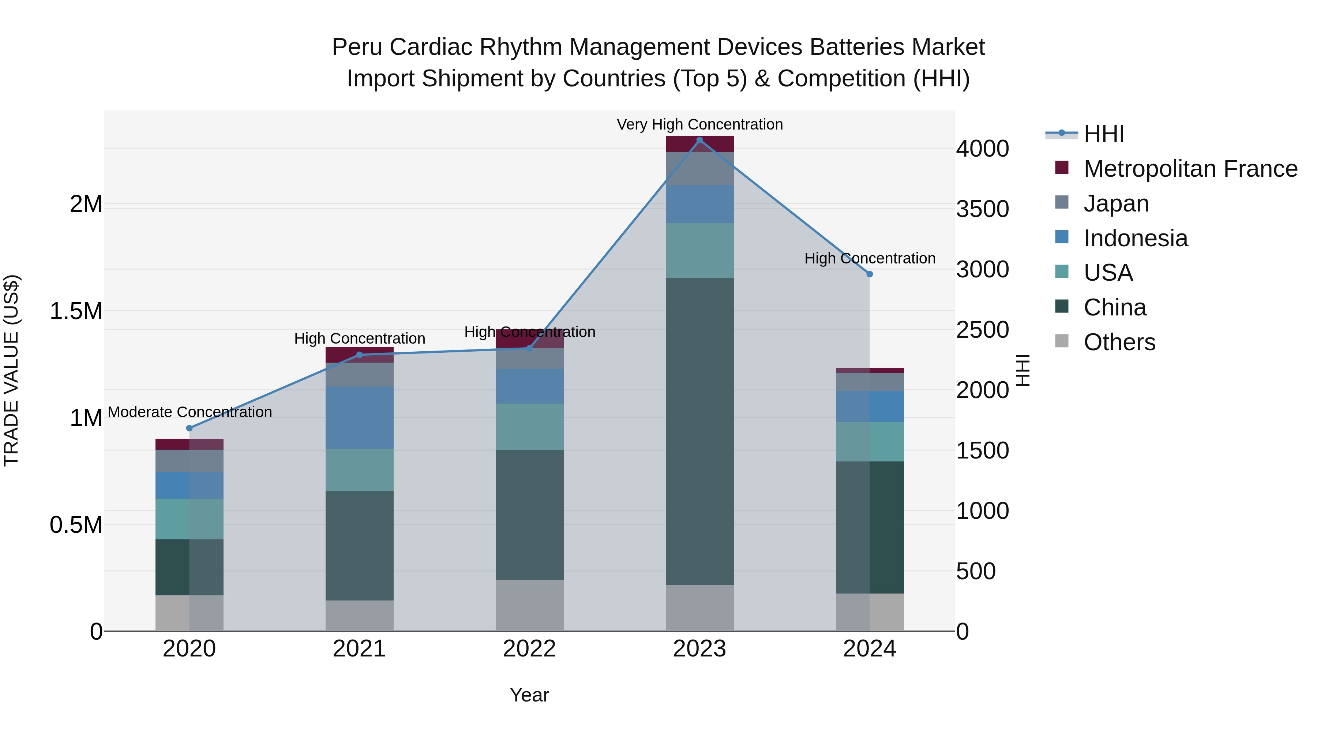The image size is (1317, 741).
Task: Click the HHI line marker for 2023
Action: pyautogui.click(x=699, y=140)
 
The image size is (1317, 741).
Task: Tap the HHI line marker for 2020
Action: pyautogui.click(x=189, y=428)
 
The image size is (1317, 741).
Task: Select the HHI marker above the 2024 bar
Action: pyautogui.click(x=870, y=274)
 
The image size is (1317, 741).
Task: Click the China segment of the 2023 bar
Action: pyautogui.click(x=699, y=431)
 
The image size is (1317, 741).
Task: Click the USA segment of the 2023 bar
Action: pyautogui.click(x=699, y=251)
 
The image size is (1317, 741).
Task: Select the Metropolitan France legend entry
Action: pyautogui.click(x=1190, y=169)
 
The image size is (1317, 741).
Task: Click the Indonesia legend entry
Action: pyautogui.click(x=1136, y=238)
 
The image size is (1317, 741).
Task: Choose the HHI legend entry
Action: pyautogui.click(x=1103, y=134)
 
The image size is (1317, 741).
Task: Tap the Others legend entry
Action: pyautogui.click(x=1119, y=342)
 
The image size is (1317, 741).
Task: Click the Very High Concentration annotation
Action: pyautogui.click(x=699, y=124)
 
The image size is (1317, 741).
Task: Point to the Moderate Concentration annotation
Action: pyautogui.click(x=190, y=412)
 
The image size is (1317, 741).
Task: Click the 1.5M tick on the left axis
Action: pyautogui.click(x=76, y=311)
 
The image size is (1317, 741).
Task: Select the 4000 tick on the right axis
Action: pyautogui.click(x=982, y=149)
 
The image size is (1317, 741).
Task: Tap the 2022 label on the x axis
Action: pyautogui.click(x=529, y=649)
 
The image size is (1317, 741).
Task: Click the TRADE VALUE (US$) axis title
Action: pyautogui.click(x=11, y=370)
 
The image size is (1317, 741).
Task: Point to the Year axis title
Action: pyautogui.click(x=529, y=695)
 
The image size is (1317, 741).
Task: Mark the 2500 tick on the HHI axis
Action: pyautogui.click(x=982, y=330)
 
